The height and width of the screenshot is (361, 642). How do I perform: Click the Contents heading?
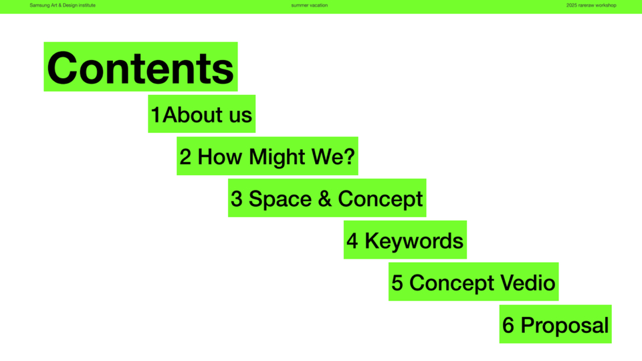point(140,68)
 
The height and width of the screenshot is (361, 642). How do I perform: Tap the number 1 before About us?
point(156,114)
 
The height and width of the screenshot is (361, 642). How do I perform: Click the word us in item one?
point(241,116)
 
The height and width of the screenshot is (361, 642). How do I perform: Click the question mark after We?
point(349,156)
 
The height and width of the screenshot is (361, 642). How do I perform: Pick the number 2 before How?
point(185,156)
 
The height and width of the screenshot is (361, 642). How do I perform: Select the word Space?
point(280,200)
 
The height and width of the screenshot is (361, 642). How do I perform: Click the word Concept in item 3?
point(380,200)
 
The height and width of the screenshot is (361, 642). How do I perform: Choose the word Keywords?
point(414,241)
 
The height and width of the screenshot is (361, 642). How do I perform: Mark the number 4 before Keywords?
point(352,241)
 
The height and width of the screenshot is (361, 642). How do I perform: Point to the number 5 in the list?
point(397,283)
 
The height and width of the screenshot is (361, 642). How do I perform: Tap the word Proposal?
point(564,326)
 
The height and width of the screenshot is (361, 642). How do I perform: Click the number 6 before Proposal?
point(508,325)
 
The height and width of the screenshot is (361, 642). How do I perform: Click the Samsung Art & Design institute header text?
point(63,5)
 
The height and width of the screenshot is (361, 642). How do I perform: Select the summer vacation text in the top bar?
point(310,5)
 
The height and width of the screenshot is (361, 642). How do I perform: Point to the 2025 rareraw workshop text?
point(591,5)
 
